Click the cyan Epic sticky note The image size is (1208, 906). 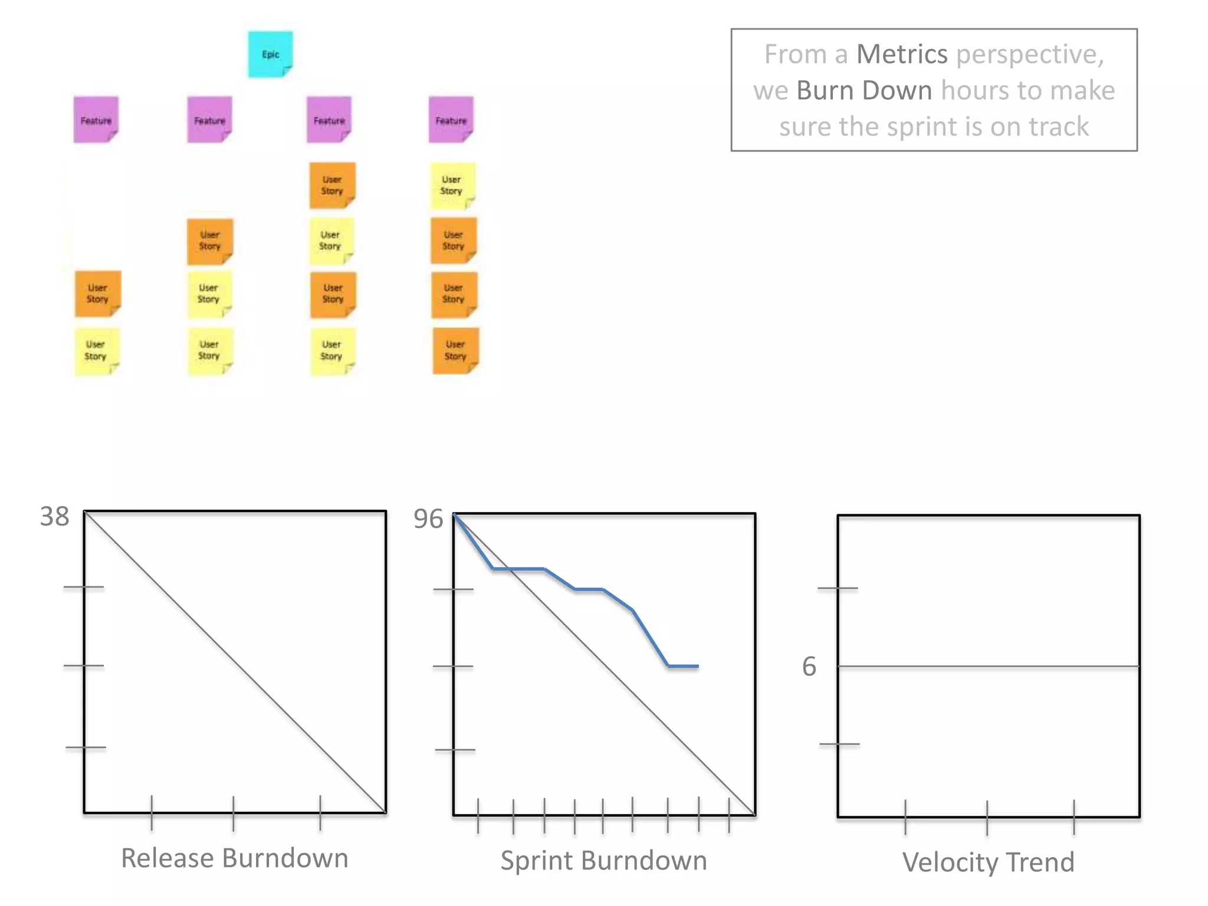click(x=270, y=54)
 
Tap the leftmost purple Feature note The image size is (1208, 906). click(x=96, y=120)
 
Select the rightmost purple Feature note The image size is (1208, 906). click(x=451, y=120)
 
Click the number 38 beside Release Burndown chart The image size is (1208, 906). click(x=54, y=517)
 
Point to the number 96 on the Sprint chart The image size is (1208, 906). click(x=428, y=519)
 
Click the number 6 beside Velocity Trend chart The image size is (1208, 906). click(x=809, y=667)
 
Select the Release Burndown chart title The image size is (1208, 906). click(x=234, y=858)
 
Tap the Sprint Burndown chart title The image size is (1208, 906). click(x=603, y=861)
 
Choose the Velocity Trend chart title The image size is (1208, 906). click(x=988, y=862)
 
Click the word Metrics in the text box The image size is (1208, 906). click(x=901, y=54)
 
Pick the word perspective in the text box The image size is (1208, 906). click(x=1029, y=54)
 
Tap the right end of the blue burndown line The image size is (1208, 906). click(x=698, y=667)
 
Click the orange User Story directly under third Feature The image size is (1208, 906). click(x=332, y=185)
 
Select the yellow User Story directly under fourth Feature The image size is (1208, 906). click(x=452, y=185)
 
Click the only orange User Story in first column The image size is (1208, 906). click(x=97, y=294)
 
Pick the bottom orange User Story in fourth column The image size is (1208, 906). click(x=455, y=350)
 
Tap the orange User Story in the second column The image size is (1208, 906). click(x=209, y=241)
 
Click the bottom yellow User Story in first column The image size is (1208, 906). click(x=96, y=350)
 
